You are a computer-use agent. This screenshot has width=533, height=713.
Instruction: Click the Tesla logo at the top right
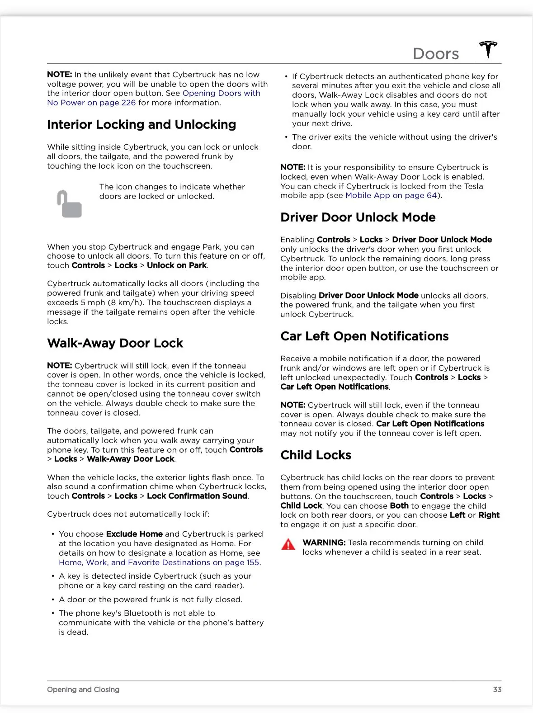click(x=488, y=49)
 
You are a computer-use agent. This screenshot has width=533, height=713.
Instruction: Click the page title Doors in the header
click(x=436, y=54)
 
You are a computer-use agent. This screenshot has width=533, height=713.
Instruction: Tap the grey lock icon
click(x=69, y=204)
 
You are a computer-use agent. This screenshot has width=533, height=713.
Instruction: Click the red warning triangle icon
click(x=288, y=544)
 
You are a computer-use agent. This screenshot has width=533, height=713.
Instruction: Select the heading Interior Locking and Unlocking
click(x=142, y=125)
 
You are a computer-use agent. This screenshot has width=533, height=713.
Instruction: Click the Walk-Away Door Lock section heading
click(x=115, y=343)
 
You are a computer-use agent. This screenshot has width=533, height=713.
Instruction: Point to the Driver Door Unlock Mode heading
click(x=358, y=217)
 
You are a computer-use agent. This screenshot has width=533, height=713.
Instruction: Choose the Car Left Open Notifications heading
click(x=364, y=336)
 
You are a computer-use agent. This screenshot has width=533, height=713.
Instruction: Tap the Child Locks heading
click(x=316, y=455)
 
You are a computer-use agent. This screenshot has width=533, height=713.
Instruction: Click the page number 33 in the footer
click(x=497, y=689)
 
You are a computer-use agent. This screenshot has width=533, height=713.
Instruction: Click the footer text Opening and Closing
click(x=83, y=689)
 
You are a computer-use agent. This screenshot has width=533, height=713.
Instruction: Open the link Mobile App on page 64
click(x=391, y=195)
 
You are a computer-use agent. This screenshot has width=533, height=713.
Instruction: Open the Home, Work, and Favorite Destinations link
click(x=160, y=562)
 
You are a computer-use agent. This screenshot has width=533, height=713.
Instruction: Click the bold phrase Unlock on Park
click(x=177, y=265)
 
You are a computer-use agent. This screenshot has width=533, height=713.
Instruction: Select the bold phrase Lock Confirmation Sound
click(x=197, y=496)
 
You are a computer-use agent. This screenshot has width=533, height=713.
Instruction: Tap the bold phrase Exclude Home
click(x=134, y=534)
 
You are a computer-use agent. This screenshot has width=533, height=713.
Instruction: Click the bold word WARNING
click(x=324, y=543)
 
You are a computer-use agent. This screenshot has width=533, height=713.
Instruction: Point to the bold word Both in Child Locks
click(x=399, y=506)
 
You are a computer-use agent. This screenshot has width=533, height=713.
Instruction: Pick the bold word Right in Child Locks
click(x=489, y=515)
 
